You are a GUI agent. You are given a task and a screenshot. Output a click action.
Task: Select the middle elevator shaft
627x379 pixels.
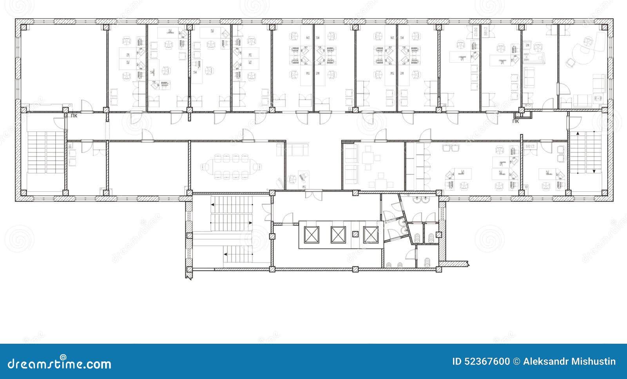point(338,235)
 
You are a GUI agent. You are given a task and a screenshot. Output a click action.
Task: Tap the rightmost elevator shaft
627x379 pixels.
point(371,235)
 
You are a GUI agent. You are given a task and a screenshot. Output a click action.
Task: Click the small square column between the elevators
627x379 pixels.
point(355,234)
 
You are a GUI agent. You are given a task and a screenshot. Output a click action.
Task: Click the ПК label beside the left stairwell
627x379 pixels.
point(74,116)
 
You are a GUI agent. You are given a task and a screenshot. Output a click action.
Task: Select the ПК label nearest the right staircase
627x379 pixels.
point(516,121)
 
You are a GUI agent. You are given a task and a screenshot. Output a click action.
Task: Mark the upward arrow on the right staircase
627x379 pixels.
point(578,134)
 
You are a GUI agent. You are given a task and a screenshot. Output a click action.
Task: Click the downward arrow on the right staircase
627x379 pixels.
point(594,171)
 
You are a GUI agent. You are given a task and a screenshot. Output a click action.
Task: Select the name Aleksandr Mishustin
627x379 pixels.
point(569,361)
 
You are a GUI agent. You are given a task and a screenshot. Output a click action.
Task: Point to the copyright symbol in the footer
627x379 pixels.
point(516,361)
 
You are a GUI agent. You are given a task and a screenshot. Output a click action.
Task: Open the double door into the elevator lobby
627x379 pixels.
point(314,194)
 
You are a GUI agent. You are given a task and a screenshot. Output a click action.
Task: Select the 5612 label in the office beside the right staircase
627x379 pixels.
point(530,146)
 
